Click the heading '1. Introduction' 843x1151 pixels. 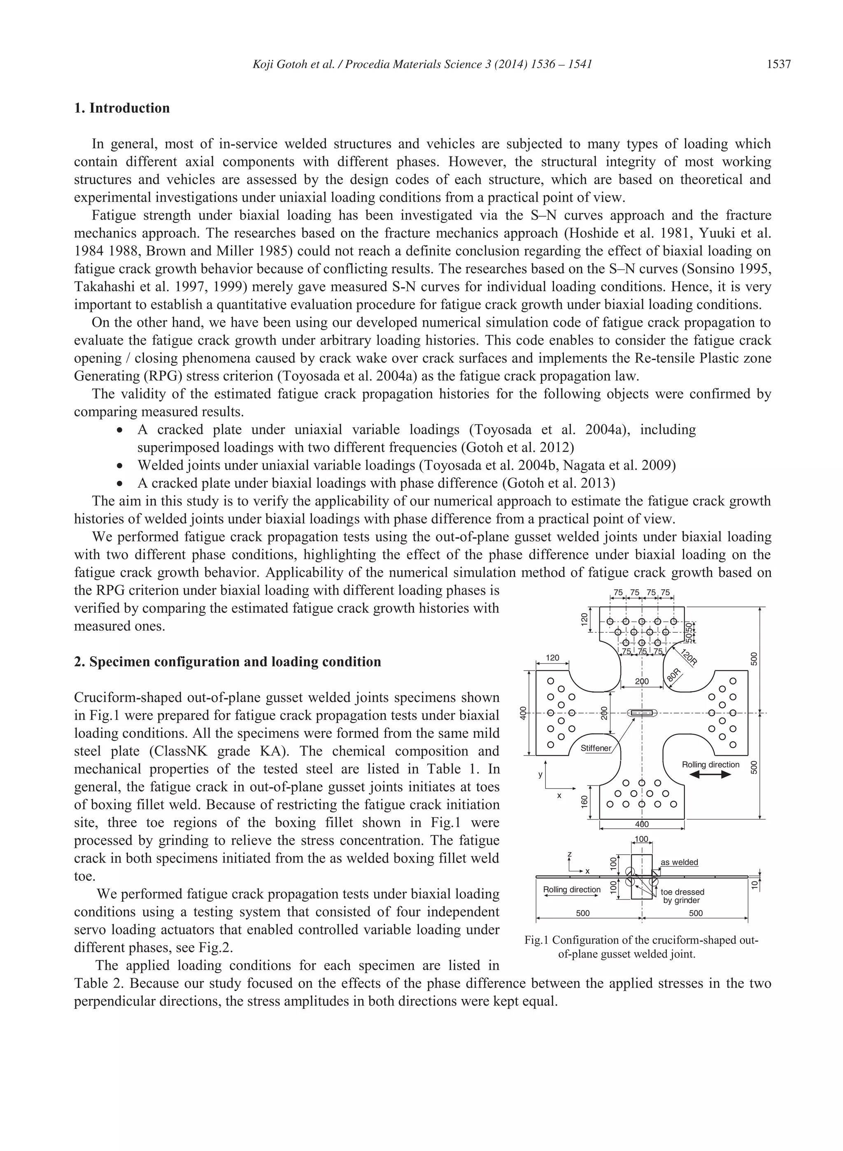pyautogui.click(x=122, y=108)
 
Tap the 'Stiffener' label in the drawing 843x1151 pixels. pyautogui.click(x=596, y=748)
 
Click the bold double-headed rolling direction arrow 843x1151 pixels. pyautogui.click(x=710, y=774)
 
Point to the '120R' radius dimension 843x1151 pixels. pyautogui.click(x=688, y=657)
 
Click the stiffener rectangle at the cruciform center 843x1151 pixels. pyautogui.click(x=641, y=713)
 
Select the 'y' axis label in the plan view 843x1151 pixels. pyautogui.click(x=540, y=774)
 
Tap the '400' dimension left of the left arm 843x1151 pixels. pyautogui.click(x=522, y=713)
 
